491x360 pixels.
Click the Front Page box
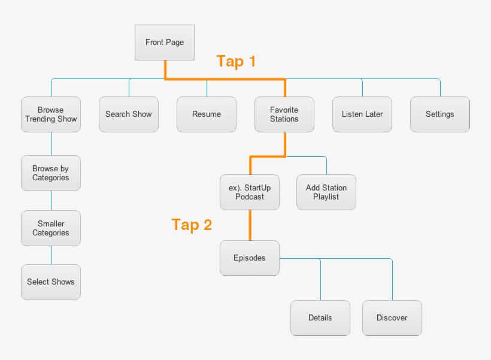pyautogui.click(x=165, y=43)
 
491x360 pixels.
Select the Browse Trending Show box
pyautogui.click(x=51, y=114)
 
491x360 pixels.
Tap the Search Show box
pyautogui.click(x=129, y=114)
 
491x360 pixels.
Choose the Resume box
pyautogui.click(x=207, y=114)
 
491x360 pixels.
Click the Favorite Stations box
pyautogui.click(x=284, y=114)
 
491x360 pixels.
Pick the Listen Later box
pyautogui.click(x=362, y=114)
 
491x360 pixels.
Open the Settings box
pyautogui.click(x=440, y=114)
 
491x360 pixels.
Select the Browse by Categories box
pyautogui.click(x=51, y=174)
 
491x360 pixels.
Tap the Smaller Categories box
pyautogui.click(x=51, y=228)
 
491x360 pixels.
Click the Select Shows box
pyautogui.click(x=51, y=282)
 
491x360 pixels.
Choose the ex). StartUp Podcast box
pyautogui.click(x=250, y=192)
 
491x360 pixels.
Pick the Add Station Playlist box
pyautogui.click(x=326, y=192)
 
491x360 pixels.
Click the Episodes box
pyautogui.click(x=250, y=258)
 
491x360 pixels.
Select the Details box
pyautogui.click(x=320, y=318)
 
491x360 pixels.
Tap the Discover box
pyautogui.click(x=392, y=318)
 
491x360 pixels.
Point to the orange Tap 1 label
pyautogui.click(x=236, y=61)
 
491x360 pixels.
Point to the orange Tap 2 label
pyautogui.click(x=192, y=225)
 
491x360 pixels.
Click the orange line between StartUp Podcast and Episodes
pyautogui.click(x=250, y=225)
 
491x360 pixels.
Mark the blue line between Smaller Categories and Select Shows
pyautogui.click(x=51, y=255)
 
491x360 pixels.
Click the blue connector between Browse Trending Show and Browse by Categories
pyautogui.click(x=51, y=144)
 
